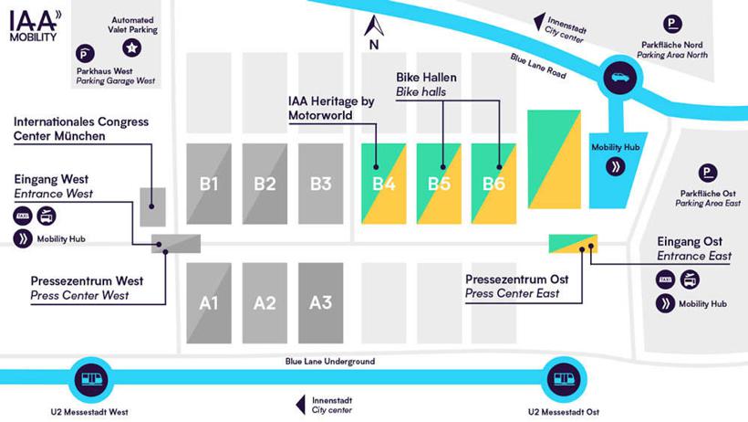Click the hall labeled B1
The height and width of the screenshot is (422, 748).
209,183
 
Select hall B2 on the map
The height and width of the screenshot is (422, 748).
265,183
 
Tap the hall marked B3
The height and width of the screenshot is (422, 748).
320,183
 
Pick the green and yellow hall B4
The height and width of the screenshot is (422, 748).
384,183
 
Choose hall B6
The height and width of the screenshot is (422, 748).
493,183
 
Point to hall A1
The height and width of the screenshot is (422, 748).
209,302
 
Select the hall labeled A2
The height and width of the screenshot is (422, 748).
265,302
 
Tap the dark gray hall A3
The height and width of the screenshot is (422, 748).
320,302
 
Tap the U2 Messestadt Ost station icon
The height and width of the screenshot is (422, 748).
563,376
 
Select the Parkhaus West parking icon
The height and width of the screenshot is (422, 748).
85,53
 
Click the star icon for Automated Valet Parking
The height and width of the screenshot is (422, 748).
133,47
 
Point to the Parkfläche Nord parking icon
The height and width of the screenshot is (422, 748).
672,25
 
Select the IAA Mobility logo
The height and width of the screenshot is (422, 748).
35,24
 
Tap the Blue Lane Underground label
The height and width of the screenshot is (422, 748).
328,363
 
